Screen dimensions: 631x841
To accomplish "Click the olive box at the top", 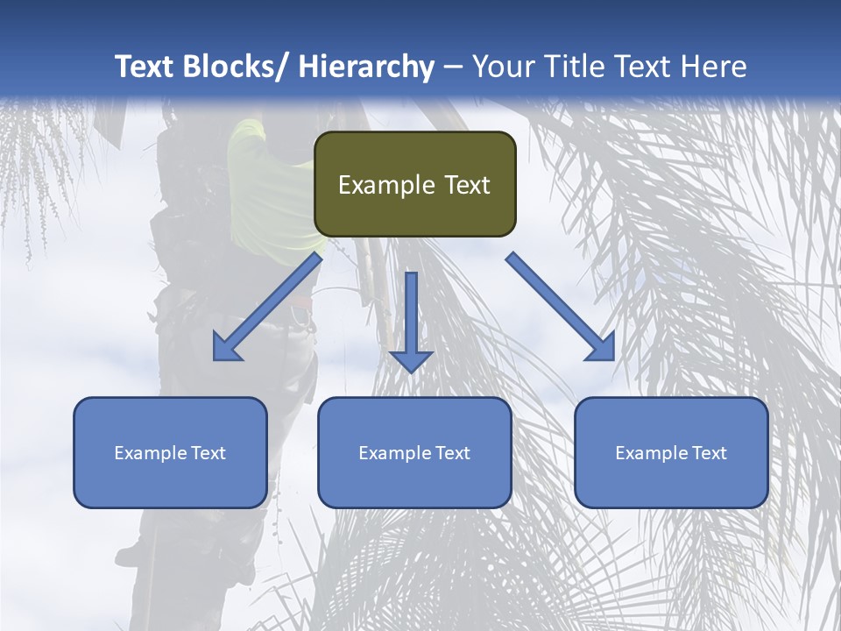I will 414,184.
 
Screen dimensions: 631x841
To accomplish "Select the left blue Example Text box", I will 170,452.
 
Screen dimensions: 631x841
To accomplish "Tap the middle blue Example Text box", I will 414,452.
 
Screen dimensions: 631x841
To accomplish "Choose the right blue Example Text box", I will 671,452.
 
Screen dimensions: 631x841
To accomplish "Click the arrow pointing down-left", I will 267,307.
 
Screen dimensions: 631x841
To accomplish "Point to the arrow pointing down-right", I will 561,307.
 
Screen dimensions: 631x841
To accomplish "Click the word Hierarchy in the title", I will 366,67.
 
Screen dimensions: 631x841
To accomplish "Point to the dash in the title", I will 453,67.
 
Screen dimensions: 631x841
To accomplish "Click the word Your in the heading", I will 502,67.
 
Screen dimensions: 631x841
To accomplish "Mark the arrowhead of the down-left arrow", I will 224,350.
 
